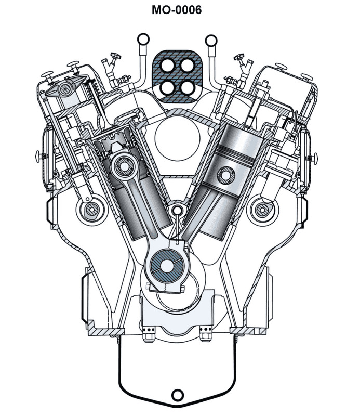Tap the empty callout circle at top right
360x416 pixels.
point(211,38)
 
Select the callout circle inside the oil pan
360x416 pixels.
point(177,394)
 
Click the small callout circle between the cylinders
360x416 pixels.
point(178,211)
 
